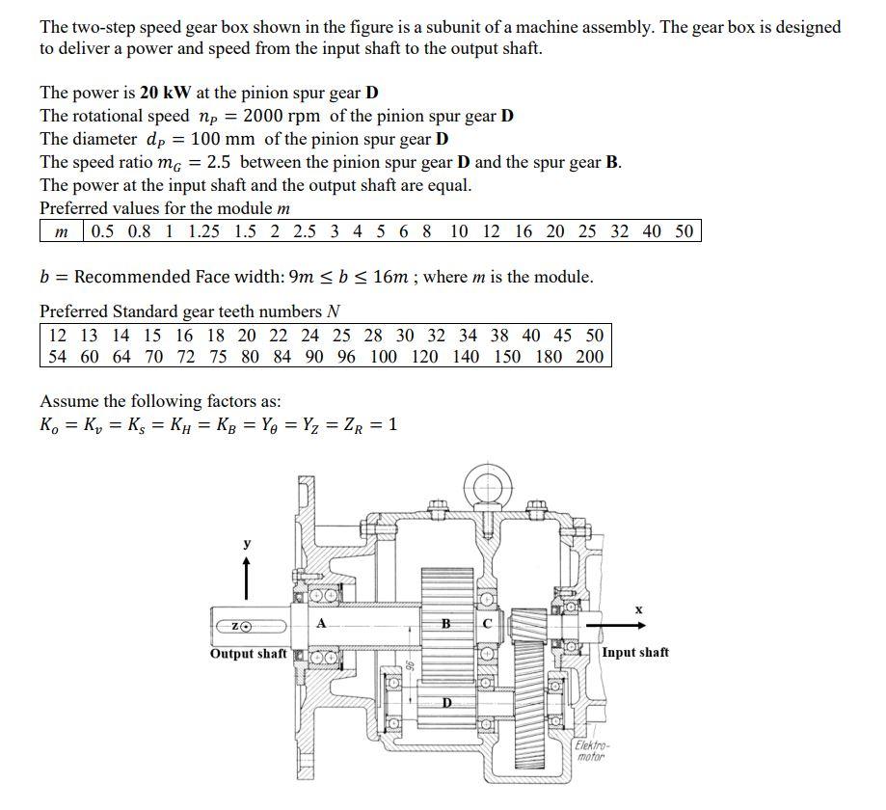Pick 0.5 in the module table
[104, 231]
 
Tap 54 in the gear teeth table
[60, 357]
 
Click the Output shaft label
[248, 654]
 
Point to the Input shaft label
[635, 653]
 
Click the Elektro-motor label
[589, 751]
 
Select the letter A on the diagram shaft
[321, 623]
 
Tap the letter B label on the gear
[445, 623]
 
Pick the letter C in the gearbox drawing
[487, 624]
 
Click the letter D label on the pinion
[447, 702]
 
